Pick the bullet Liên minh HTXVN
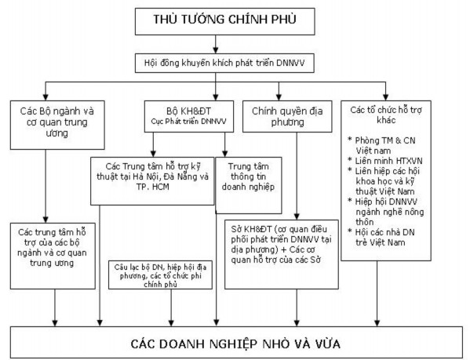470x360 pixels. coord(395,159)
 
